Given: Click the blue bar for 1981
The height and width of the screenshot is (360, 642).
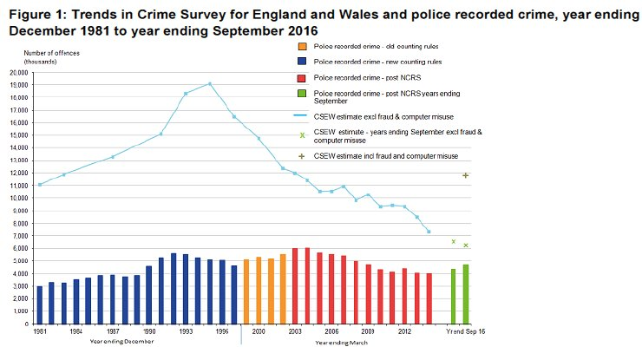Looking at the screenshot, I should (x=39, y=304).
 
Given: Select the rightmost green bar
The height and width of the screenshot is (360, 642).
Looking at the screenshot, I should (x=465, y=294).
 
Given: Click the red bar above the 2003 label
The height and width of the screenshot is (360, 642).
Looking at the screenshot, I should (x=295, y=285).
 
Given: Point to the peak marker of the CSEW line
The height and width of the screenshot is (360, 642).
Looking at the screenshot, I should (x=210, y=84).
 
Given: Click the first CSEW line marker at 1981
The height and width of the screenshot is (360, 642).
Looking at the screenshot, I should (x=39, y=185).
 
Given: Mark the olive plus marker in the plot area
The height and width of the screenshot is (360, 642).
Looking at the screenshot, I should (x=466, y=176).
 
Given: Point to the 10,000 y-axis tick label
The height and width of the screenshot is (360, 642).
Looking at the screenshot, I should (x=18, y=198).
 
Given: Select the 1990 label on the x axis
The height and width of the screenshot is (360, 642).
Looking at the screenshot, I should (x=149, y=331).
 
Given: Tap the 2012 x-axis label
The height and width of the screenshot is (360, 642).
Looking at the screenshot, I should (x=404, y=331).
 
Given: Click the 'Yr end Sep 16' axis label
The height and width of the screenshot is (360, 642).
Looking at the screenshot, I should (x=465, y=331).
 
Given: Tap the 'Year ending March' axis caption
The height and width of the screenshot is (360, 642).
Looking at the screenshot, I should (x=342, y=344).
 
